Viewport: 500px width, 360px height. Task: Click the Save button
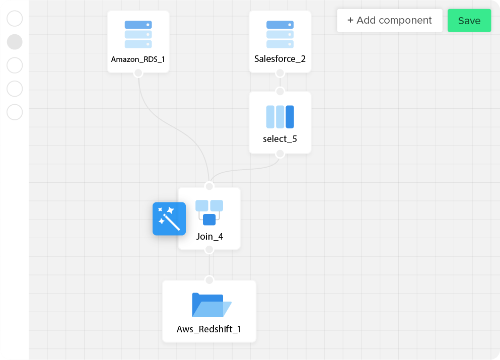coord(469,21)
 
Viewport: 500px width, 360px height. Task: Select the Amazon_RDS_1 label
coord(138,59)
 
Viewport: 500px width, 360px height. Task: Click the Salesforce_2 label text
coord(280,59)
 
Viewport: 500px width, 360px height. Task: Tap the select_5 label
coord(280,139)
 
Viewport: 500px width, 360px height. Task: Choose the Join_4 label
coord(209,236)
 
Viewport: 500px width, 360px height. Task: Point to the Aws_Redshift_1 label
coord(209,329)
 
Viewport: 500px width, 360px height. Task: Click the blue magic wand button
coord(169,219)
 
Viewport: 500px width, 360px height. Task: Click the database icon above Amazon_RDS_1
coord(138,34)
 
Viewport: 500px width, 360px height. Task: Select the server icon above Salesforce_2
coord(280,34)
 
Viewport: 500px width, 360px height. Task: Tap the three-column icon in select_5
coord(280,117)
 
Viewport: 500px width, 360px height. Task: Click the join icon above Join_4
coord(209,212)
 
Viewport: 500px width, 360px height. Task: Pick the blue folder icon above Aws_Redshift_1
coord(211,305)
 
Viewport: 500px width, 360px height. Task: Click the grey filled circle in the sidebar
coord(15,42)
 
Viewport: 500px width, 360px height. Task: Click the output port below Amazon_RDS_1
coord(138,73)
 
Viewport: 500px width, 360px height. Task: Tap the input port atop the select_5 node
coord(280,91)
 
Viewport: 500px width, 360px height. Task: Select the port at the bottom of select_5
coord(280,154)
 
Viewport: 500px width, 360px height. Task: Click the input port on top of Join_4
coord(209,186)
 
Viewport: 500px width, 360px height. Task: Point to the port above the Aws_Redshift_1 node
coord(209,280)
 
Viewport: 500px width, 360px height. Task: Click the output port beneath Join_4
coord(209,250)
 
